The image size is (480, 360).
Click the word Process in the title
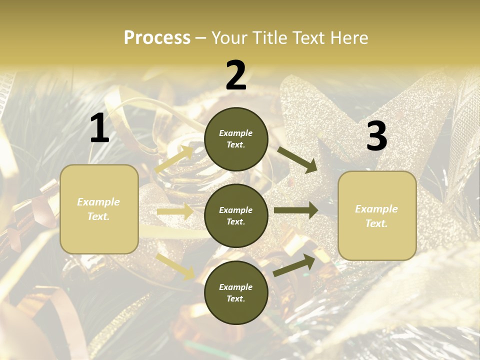pyautogui.click(x=157, y=37)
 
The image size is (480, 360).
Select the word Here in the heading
pyautogui.click(x=347, y=37)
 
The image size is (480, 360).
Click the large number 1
pyautogui.click(x=99, y=128)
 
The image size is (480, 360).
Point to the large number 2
pyautogui.click(x=236, y=75)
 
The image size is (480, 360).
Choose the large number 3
pyautogui.click(x=376, y=136)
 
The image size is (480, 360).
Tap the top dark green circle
pyautogui.click(x=236, y=139)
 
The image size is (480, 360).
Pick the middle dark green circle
pyautogui.click(x=236, y=215)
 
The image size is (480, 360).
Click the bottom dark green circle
pyautogui.click(x=236, y=292)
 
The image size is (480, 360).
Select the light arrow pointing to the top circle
pyautogui.click(x=174, y=159)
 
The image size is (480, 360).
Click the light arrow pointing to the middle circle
pyautogui.click(x=175, y=211)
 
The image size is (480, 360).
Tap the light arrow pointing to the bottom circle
pyautogui.click(x=175, y=266)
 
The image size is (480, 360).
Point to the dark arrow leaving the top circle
pyautogui.click(x=297, y=159)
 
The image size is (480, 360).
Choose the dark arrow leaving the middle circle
pyautogui.click(x=296, y=210)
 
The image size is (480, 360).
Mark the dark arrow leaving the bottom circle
pyautogui.click(x=294, y=265)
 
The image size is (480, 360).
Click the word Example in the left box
pyautogui.click(x=98, y=202)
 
